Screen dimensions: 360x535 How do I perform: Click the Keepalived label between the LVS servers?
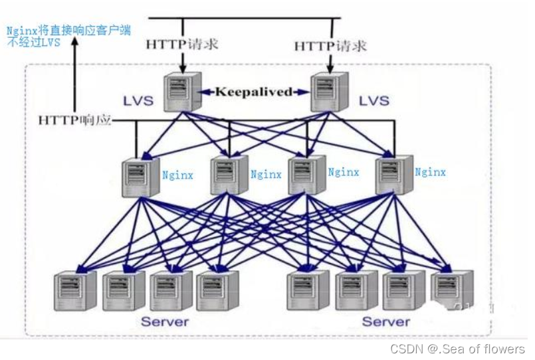[253, 92]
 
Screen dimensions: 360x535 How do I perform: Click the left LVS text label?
[138, 102]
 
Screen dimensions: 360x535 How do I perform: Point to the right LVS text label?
[374, 102]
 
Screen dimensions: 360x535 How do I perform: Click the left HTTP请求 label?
[182, 45]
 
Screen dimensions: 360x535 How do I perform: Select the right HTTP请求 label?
[330, 46]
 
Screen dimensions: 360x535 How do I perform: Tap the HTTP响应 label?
[73, 120]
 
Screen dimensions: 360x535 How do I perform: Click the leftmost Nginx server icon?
[137, 176]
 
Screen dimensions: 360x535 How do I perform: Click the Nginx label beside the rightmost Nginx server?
[430, 172]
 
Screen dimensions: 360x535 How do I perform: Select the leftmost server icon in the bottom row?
[74, 290]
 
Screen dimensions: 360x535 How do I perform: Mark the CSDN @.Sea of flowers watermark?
[457, 349]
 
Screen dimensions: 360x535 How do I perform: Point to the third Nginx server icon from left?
[306, 174]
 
